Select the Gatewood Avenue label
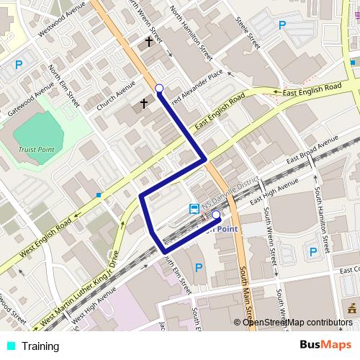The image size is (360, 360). (32, 101)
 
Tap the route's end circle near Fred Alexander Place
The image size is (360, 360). (159, 89)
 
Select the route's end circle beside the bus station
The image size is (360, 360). (216, 214)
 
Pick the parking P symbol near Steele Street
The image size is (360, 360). (282, 24)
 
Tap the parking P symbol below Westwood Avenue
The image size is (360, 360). (18, 65)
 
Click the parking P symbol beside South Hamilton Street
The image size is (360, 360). (312, 251)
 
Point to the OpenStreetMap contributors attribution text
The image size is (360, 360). (298, 323)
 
